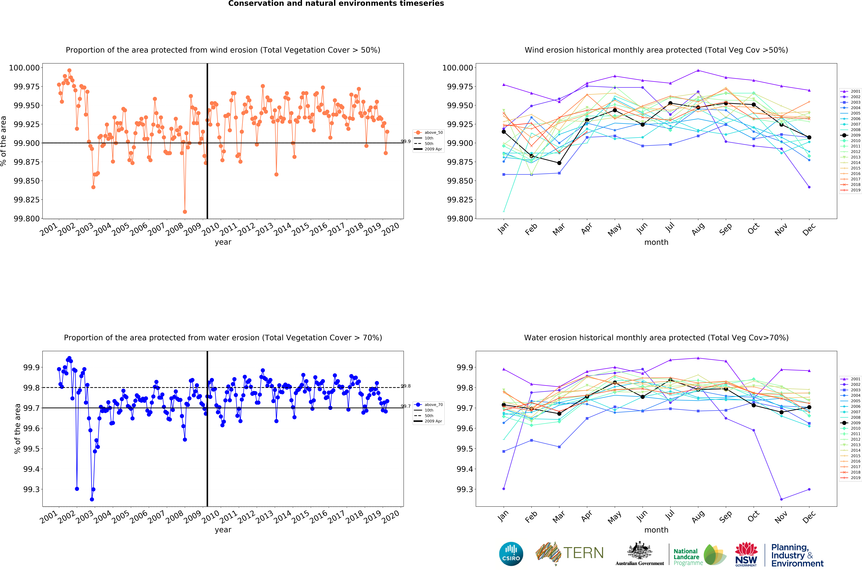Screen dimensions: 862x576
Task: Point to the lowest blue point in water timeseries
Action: pos(92,499)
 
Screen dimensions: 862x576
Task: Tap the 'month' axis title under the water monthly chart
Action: pos(656,530)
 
